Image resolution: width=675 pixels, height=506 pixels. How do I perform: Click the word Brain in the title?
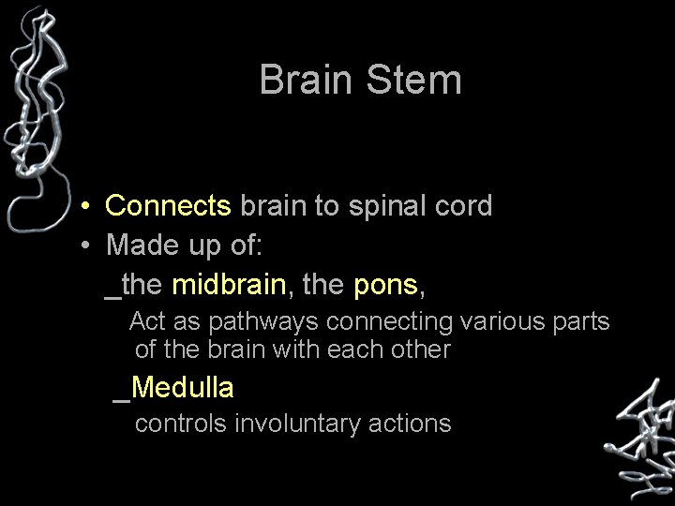point(302,80)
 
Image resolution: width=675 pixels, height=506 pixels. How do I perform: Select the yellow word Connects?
point(169,206)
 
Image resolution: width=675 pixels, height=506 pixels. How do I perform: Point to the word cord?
point(460,206)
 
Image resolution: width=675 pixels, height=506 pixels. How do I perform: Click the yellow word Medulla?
point(183,386)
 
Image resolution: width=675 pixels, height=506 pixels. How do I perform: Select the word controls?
point(181,424)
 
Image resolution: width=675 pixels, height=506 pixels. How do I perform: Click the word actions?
point(408,424)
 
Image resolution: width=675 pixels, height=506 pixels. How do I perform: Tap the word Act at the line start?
point(147,322)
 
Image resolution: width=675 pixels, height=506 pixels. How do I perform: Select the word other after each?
point(421,350)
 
